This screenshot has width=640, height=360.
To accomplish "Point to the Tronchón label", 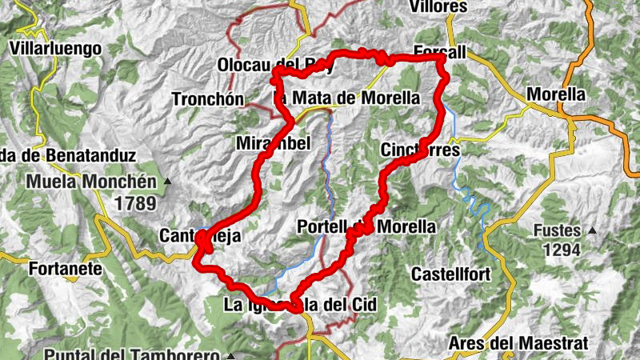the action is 207,99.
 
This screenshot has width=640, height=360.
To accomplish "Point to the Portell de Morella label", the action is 366,227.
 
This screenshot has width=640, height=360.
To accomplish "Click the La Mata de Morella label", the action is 346,98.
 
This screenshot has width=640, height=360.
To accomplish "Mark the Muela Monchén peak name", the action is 93,182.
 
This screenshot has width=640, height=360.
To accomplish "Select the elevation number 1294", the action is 566,250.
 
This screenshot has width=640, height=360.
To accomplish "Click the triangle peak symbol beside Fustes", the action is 593,231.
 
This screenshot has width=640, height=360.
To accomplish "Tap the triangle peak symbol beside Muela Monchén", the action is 167,182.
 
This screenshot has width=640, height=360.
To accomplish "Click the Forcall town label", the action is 440,52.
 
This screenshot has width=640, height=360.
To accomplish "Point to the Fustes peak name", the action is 561,232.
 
